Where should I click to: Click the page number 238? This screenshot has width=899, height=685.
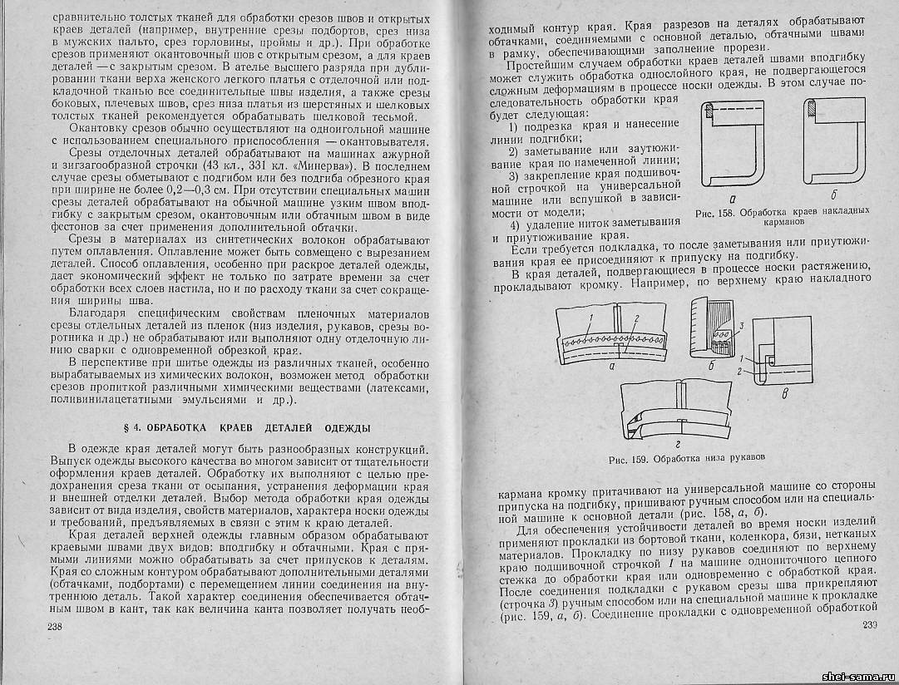(58, 625)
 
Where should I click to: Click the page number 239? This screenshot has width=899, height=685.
(870, 625)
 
